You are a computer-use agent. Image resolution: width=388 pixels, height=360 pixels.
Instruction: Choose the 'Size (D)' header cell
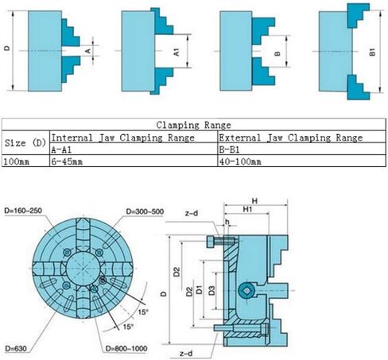[25, 143]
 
